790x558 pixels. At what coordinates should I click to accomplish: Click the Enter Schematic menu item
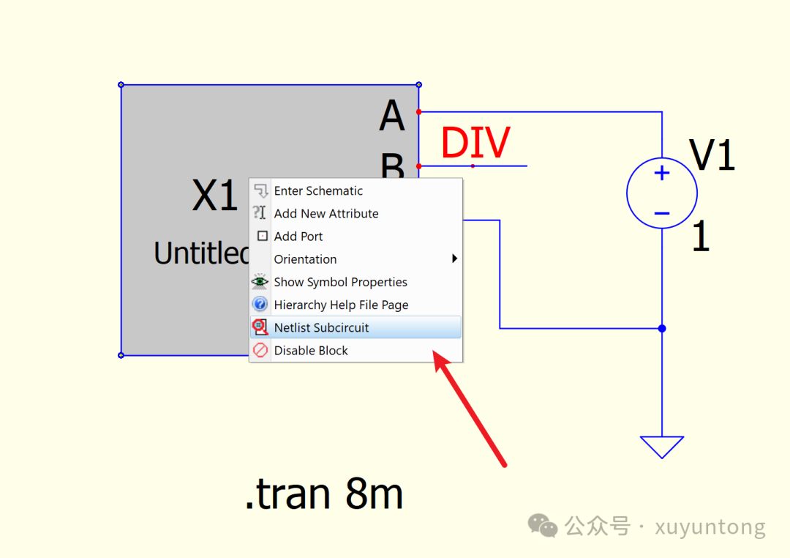[x=318, y=191]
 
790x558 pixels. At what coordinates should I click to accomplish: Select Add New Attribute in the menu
[x=326, y=214]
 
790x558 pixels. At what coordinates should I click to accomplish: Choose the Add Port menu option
[x=298, y=237]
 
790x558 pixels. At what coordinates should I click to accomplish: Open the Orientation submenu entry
[x=306, y=259]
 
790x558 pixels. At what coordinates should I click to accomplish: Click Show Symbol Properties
[x=340, y=282]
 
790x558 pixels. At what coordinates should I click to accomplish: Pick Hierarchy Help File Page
[x=341, y=305]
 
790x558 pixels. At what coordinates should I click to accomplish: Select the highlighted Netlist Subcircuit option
[x=321, y=327]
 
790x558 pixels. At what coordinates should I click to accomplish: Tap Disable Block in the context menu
[x=311, y=351]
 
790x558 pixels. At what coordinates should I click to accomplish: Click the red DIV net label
[x=475, y=143]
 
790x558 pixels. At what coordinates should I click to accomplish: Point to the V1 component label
[x=712, y=155]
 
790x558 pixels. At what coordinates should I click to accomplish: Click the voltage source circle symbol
[x=662, y=193]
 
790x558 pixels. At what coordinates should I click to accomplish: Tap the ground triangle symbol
[x=662, y=445]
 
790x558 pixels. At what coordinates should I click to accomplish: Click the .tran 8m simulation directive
[x=324, y=494]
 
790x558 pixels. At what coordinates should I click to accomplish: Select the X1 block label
[x=215, y=196]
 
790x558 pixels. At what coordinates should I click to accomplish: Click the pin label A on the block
[x=392, y=116]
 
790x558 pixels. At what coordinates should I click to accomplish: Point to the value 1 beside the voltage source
[x=701, y=237]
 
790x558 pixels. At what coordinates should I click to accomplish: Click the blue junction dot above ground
[x=662, y=329]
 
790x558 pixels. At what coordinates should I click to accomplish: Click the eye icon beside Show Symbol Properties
[x=260, y=282]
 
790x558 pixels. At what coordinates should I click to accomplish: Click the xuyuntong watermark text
[x=710, y=527]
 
